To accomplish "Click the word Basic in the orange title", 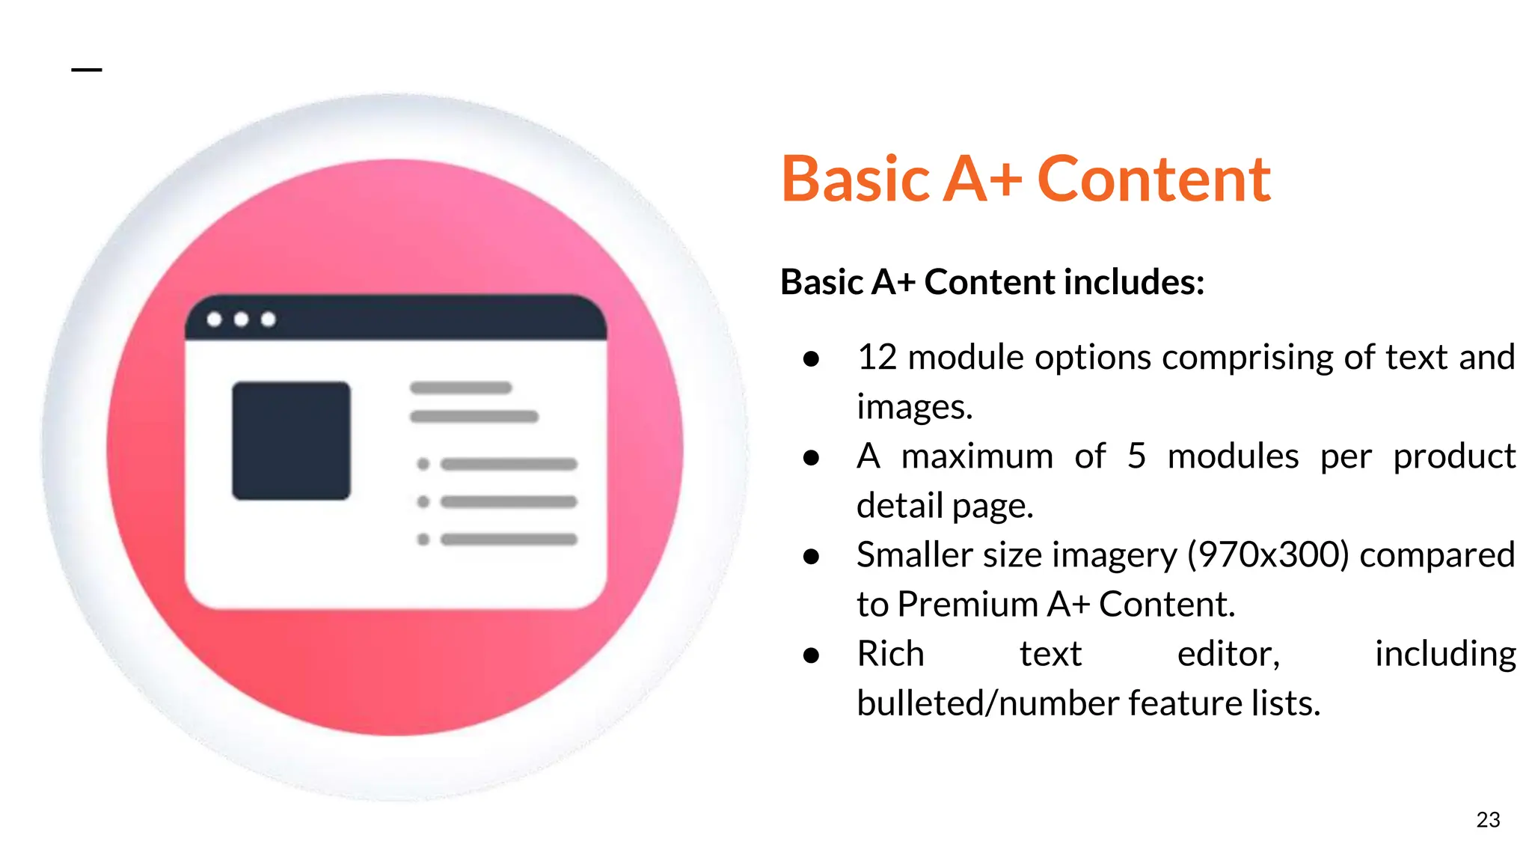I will tap(855, 180).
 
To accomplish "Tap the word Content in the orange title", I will tap(1153, 180).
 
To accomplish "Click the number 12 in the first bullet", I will tap(877, 357).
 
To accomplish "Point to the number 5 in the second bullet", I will tap(1136, 456).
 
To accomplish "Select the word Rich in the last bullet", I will tap(890, 653).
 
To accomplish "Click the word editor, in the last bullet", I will tap(1228, 653).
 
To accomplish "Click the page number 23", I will tap(1488, 820).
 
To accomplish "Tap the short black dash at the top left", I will tap(86, 70).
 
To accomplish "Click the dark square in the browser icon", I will tap(291, 441).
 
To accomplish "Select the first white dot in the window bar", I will tap(214, 320).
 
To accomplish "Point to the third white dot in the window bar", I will tap(269, 320).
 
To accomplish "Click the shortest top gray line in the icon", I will tap(461, 388).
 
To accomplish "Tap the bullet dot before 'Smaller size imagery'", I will tap(811, 556).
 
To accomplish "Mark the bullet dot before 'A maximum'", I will tap(811, 457).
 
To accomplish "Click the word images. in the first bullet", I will tap(914, 407).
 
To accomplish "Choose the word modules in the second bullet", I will tap(1233, 456).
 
